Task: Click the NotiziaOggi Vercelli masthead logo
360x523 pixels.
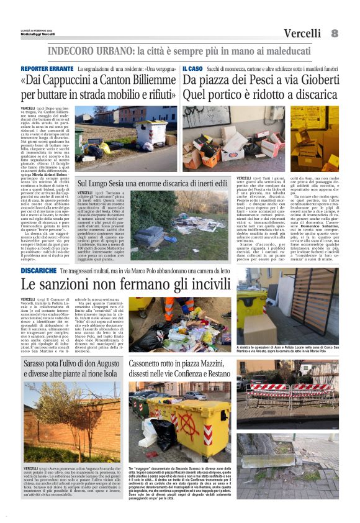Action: tap(37, 34)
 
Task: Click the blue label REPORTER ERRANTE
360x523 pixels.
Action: tap(47, 68)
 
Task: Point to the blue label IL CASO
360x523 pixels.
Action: tap(192, 68)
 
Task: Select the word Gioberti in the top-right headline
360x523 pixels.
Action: tap(314, 81)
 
